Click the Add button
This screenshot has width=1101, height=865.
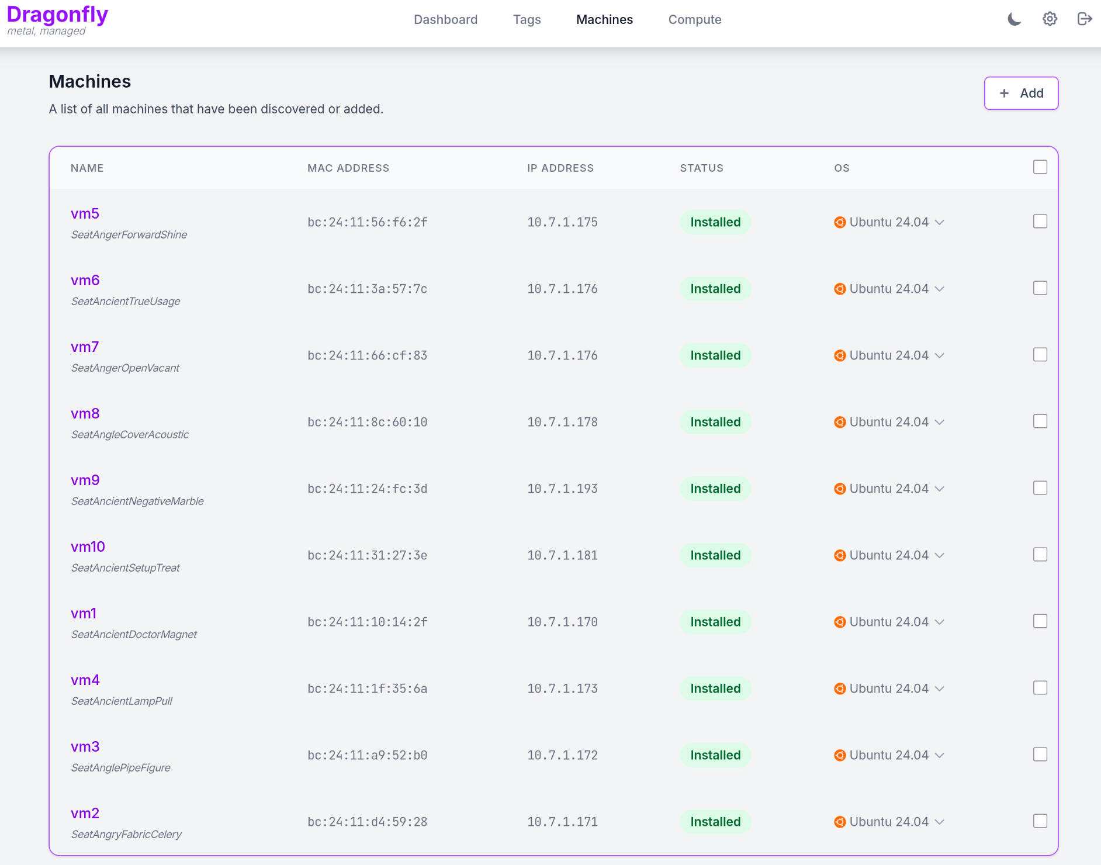point(1021,94)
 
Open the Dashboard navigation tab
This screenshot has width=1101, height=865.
point(445,20)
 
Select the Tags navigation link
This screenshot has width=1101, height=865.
point(527,20)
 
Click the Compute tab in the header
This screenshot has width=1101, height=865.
point(694,20)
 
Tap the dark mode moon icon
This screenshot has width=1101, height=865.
point(1015,19)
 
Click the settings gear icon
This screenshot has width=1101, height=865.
point(1050,19)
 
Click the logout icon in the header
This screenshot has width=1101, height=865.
point(1085,19)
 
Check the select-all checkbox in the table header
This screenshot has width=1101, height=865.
point(1040,167)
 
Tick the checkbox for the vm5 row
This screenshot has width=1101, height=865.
point(1040,222)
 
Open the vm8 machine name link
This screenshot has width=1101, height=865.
point(85,414)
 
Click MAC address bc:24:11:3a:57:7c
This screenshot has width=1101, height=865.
point(367,289)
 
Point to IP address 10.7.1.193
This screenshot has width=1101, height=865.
point(562,489)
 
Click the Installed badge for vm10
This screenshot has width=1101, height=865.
point(715,555)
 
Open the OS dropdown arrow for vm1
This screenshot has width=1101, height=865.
point(940,622)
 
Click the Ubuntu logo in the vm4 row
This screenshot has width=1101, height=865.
point(840,688)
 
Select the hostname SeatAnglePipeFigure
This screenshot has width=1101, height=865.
point(121,767)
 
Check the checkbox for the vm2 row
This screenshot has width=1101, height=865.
point(1040,821)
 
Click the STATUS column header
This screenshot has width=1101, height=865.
point(701,168)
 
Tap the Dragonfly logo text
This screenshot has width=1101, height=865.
point(57,15)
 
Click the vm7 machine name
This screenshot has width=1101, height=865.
point(85,347)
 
